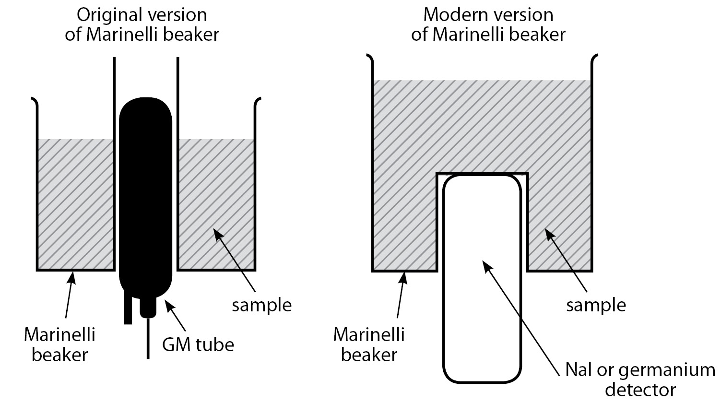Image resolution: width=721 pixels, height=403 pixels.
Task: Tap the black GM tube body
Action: pyautogui.click(x=145, y=192)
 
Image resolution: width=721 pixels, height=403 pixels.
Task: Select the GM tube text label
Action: pyautogui.click(x=198, y=344)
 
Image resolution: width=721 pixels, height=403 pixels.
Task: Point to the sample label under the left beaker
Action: pyautogui.click(x=261, y=305)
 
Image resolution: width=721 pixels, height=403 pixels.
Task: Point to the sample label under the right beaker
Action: pyautogui.click(x=596, y=305)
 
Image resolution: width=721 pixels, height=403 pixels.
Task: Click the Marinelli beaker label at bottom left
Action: pyautogui.click(x=59, y=344)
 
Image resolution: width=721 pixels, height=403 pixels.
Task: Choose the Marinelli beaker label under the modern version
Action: pyautogui.click(x=369, y=344)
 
